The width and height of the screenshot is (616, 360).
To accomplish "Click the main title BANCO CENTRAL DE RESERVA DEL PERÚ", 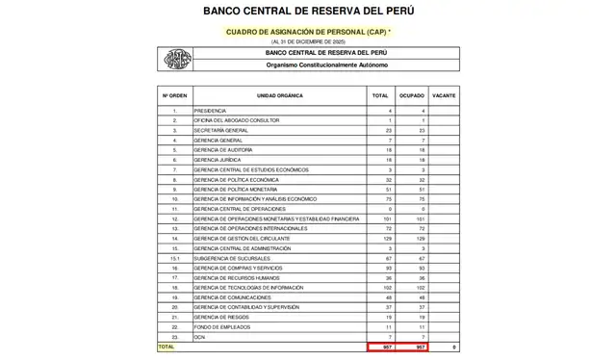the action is pyautogui.click(x=308, y=12).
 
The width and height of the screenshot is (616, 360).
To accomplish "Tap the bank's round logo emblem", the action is pyautogui.click(x=175, y=59).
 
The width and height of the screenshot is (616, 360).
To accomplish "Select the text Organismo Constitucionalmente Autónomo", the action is pyautogui.click(x=327, y=64).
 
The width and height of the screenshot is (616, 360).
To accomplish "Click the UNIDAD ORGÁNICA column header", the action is pyautogui.click(x=279, y=96).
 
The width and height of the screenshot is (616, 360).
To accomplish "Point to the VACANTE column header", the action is pyautogui.click(x=444, y=96).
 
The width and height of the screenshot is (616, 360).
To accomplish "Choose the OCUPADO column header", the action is pyautogui.click(x=412, y=96).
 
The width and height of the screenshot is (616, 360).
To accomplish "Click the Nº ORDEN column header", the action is pyautogui.click(x=174, y=96).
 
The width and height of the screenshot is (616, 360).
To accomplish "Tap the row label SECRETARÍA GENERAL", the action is pyautogui.click(x=216, y=130).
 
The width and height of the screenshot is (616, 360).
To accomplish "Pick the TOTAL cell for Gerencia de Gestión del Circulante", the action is pyautogui.click(x=380, y=239).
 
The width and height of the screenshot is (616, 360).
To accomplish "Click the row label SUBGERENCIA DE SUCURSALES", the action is pyautogui.click(x=231, y=258).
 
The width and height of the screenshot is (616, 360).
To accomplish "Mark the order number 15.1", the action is pyautogui.click(x=174, y=258).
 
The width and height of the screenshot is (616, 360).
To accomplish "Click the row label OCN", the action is pyautogui.click(x=200, y=337).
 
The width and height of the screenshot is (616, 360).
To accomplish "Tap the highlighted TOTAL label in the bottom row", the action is pyautogui.click(x=167, y=347).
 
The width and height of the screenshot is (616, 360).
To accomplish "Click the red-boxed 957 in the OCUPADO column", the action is pyautogui.click(x=412, y=347).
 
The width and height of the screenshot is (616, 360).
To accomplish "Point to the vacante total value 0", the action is pyautogui.click(x=452, y=347).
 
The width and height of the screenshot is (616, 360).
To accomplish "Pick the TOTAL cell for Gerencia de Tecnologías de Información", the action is pyautogui.click(x=380, y=288).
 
